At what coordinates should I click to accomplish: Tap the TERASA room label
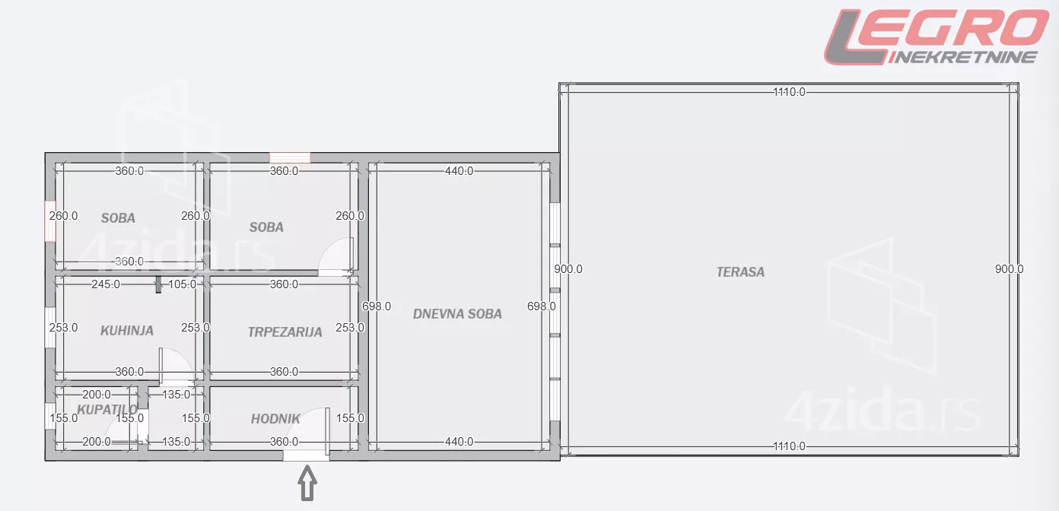[740, 271]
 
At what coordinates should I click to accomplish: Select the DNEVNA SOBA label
[457, 313]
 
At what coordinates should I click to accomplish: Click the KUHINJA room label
[127, 331]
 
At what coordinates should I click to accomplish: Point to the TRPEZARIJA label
[285, 332]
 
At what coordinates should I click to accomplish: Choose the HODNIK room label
[275, 418]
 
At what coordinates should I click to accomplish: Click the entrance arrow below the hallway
[307, 483]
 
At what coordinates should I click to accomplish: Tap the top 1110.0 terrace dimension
[789, 92]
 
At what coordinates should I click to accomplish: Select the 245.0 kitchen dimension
[106, 284]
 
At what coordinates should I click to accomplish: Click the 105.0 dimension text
[182, 284]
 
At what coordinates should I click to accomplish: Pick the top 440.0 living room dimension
[459, 171]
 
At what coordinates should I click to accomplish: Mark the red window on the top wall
[290, 157]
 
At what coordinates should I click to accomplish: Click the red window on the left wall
[50, 221]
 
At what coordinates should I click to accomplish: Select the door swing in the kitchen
[175, 365]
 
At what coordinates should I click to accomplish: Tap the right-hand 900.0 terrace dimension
[1009, 268]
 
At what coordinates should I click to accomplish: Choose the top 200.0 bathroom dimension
[97, 395]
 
